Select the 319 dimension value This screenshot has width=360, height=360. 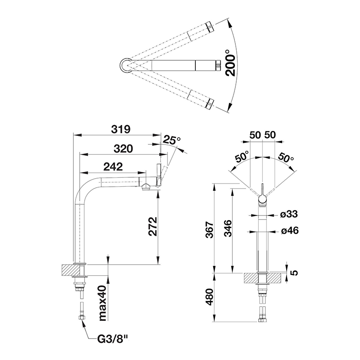coord(121,129)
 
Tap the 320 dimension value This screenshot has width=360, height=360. coord(123,149)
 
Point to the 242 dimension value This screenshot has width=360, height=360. coord(113,166)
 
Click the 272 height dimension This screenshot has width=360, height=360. coord(153,226)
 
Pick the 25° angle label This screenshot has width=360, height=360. coord(172,140)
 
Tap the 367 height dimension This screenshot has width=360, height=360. coord(209,230)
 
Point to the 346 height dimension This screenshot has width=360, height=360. coord(228,229)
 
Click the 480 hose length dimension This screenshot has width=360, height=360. coord(209,297)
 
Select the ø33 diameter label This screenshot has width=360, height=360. coord(289,214)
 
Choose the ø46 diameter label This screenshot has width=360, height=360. coord(290,230)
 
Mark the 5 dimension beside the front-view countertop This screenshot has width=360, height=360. coord(294,273)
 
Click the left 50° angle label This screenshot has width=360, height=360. coord(242,157)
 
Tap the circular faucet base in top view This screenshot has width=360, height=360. coord(126,65)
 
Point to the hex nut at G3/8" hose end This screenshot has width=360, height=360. coord(82,318)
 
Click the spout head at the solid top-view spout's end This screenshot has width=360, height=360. coord(218,65)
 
